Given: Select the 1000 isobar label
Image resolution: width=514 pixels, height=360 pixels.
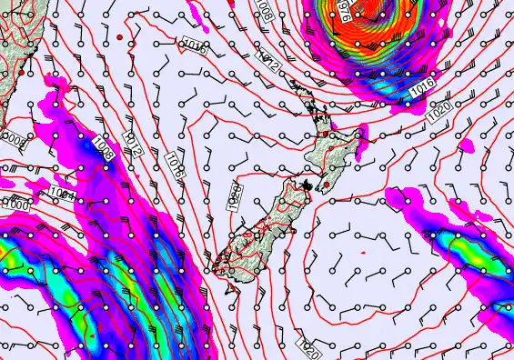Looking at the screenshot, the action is pyautogui.click(x=15, y=205).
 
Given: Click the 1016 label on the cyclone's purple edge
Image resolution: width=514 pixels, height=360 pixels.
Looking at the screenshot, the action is pyautogui.click(x=421, y=89).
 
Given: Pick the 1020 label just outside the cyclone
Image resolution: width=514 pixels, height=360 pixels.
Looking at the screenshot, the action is pyautogui.click(x=439, y=106).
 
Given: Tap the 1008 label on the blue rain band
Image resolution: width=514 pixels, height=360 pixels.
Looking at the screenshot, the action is pyautogui.click(x=104, y=150).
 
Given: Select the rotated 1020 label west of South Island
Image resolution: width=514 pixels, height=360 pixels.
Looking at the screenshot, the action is pyautogui.click(x=235, y=196).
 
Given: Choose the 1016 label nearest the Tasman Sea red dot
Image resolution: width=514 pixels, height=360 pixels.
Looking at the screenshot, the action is pyautogui.click(x=193, y=46).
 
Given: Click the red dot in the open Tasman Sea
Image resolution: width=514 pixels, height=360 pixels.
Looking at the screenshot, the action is pyautogui.click(x=120, y=36).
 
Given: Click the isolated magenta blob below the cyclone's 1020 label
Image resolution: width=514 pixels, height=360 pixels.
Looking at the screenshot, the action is pyautogui.click(x=469, y=145).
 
